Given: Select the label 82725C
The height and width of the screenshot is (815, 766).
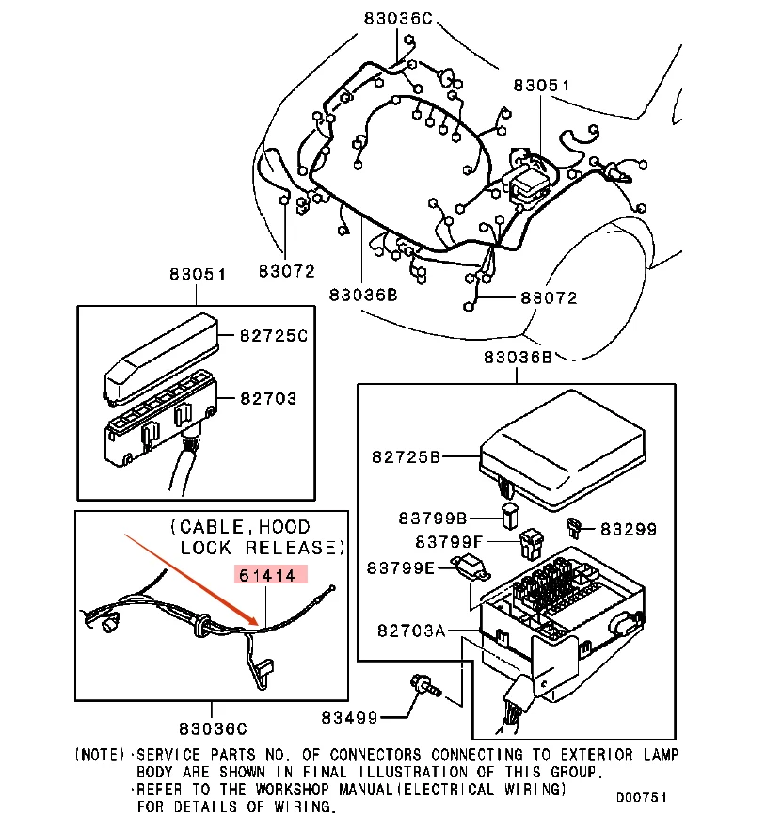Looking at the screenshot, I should click(x=273, y=335).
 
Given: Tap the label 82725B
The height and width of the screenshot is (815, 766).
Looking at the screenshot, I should click(x=406, y=457).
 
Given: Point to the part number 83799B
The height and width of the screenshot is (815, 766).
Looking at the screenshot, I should click(x=432, y=518).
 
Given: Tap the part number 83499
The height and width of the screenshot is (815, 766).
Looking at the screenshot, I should click(x=348, y=717).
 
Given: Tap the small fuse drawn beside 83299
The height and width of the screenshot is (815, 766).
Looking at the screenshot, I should click(x=574, y=524).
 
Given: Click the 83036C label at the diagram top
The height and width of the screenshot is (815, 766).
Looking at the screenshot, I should click(x=398, y=17).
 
